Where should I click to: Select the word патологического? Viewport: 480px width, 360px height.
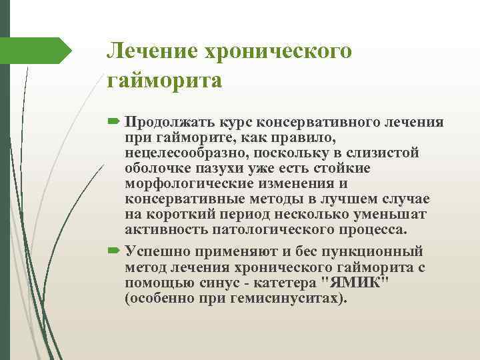pos(266,229)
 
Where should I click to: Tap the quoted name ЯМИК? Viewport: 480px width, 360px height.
pos(355,283)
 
